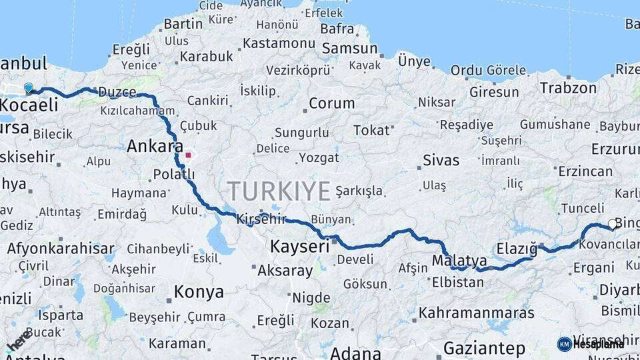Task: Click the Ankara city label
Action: pyautogui.click(x=155, y=146)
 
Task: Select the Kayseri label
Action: pyautogui.click(x=299, y=247)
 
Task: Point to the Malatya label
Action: pyautogui.click(x=459, y=260)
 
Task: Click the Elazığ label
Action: pyautogui.click(x=516, y=249)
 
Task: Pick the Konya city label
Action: pyautogui.click(x=199, y=291)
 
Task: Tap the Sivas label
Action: pyautogui.click(x=441, y=160)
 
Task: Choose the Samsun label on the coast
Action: pyautogui.click(x=349, y=49)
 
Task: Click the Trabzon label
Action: pyautogui.click(x=568, y=87)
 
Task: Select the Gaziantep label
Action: pyautogui.click(x=484, y=347)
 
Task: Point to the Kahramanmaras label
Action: pyautogui.click(x=476, y=312)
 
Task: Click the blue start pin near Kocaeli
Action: pyautogui.click(x=29, y=87)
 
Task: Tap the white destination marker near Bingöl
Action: pyautogui.click(x=613, y=225)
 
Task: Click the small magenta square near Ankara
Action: pyautogui.click(x=189, y=156)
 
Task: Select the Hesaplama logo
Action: pyautogui.click(x=590, y=344)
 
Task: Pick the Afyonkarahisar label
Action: pyautogui.click(x=61, y=249)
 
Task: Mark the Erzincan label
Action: pyautogui.click(x=585, y=171)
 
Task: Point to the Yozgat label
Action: pyautogui.click(x=319, y=158)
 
